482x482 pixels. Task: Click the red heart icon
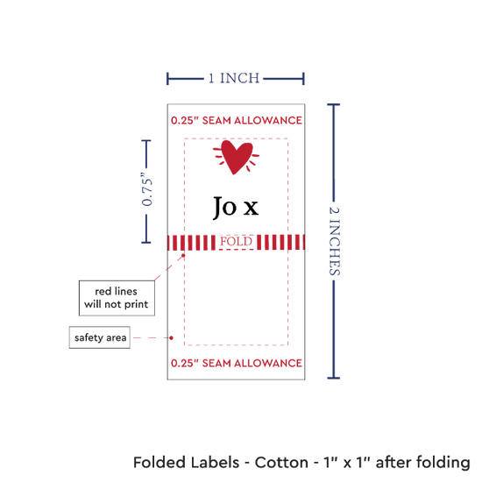click(x=236, y=157)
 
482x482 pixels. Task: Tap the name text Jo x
click(x=236, y=207)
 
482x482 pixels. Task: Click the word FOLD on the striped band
click(x=236, y=242)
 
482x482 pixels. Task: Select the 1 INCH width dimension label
click(x=234, y=78)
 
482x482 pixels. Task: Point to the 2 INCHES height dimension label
click(x=335, y=241)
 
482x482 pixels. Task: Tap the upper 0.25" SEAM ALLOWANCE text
click(x=237, y=121)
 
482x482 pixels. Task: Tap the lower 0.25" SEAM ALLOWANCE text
click(x=237, y=364)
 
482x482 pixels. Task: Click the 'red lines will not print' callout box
click(x=117, y=298)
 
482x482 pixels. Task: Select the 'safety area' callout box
click(x=100, y=337)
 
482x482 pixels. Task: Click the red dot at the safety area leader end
click(x=171, y=337)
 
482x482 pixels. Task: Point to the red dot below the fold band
click(x=183, y=255)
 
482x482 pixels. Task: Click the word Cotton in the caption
click(x=281, y=463)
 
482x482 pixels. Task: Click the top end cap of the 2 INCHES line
click(x=334, y=105)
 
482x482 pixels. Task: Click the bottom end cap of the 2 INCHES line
click(x=334, y=378)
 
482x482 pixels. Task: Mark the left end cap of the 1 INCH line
click(x=167, y=79)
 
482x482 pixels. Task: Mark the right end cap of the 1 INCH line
click(x=303, y=79)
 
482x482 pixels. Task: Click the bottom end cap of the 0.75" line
click(x=146, y=243)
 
